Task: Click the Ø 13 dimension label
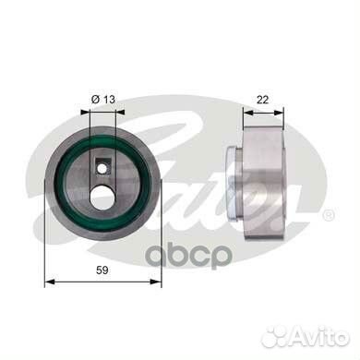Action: [x=102, y=100]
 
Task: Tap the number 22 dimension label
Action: [x=262, y=100]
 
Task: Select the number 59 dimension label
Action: [x=102, y=270]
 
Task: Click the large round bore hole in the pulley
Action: [x=102, y=197]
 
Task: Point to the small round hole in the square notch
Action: [x=102, y=168]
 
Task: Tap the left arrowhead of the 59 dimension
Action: [x=50, y=282]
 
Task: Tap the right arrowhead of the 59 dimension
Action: [x=156, y=282]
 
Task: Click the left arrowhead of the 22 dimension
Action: [x=248, y=113]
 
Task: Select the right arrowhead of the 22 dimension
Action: [x=278, y=113]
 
